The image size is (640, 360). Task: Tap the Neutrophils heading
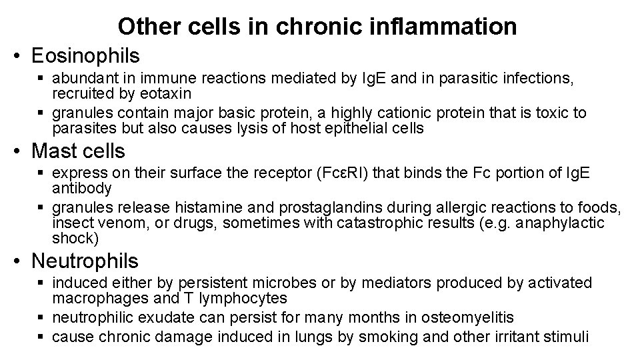(85, 260)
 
